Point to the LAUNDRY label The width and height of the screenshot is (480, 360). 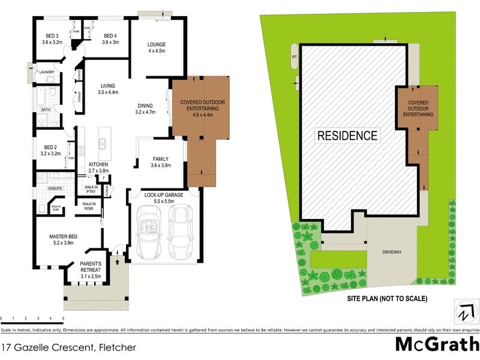(47, 72)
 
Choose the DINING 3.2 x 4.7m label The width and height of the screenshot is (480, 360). (145, 109)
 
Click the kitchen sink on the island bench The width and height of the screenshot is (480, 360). (103, 143)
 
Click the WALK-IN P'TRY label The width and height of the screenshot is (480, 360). (91, 189)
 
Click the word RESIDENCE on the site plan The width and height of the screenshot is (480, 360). (347, 135)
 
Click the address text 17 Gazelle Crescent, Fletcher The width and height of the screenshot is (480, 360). (69, 347)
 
